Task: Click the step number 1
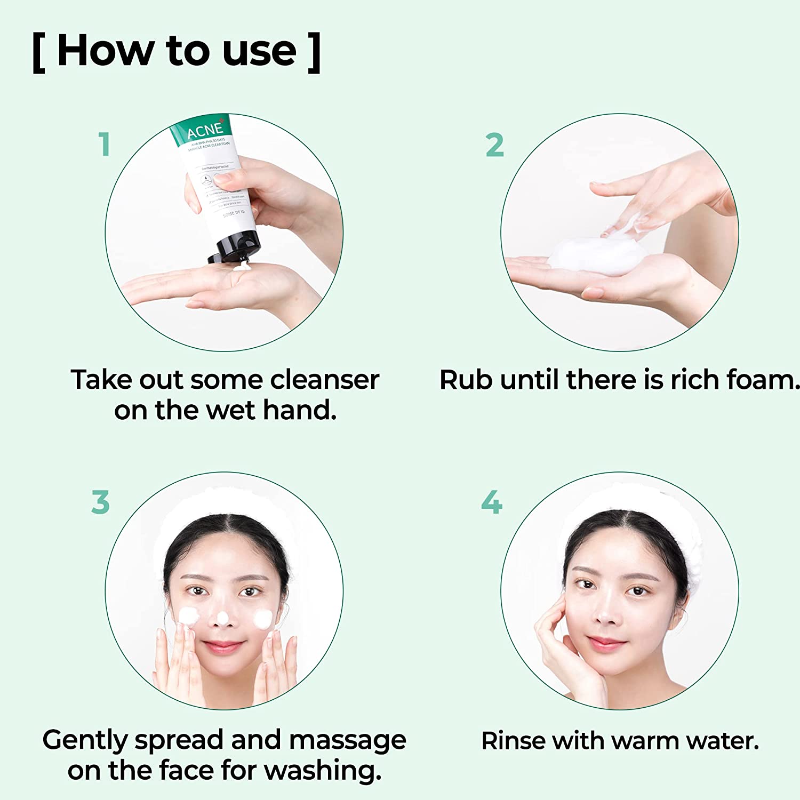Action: pyautogui.click(x=105, y=145)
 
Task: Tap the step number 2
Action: pyautogui.click(x=494, y=145)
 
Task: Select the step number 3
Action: pyautogui.click(x=100, y=502)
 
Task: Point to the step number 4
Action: pyautogui.click(x=491, y=502)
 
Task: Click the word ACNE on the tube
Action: pyautogui.click(x=205, y=130)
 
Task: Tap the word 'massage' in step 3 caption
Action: pyautogui.click(x=347, y=740)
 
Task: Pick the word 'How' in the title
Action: pyautogui.click(x=105, y=51)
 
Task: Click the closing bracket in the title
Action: pyautogui.click(x=315, y=52)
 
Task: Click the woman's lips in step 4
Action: pyautogui.click(x=605, y=643)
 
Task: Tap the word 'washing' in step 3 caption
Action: pyautogui.click(x=323, y=771)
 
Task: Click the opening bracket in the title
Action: pyautogui.click(x=38, y=52)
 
